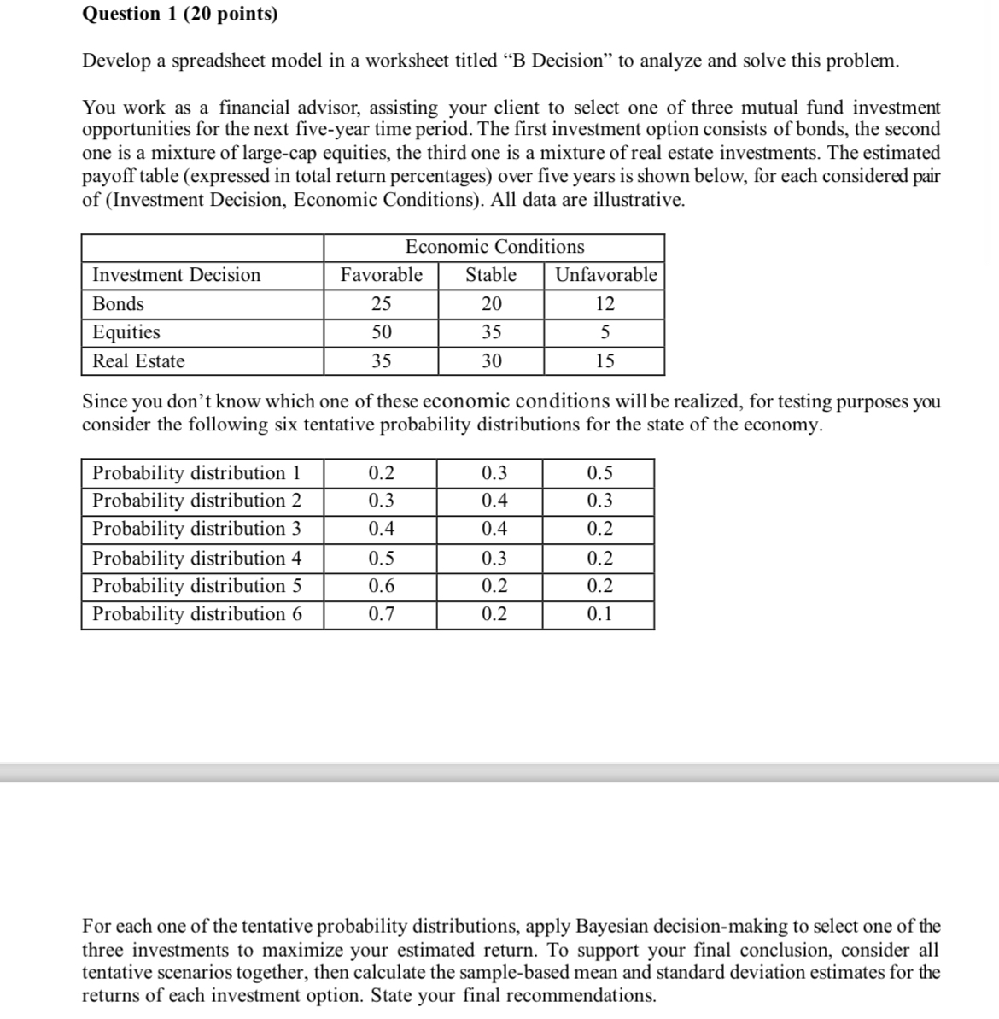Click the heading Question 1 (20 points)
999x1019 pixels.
pos(179,14)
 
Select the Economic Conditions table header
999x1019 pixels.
pos(494,247)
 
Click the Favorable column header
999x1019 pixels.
pos(381,275)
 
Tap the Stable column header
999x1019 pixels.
pos(491,275)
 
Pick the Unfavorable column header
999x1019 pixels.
pos(605,275)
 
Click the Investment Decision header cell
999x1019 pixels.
pos(177,275)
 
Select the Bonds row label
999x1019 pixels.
pos(119,304)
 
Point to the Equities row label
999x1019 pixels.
pos(126,332)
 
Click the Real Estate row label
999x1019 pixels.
pos(138,361)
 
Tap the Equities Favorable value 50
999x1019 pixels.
pos(381,332)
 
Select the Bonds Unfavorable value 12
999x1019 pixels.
pos(605,304)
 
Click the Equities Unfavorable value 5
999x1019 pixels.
pos(605,332)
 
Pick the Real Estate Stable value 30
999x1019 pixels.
pos(491,361)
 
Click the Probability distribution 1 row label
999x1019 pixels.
pos(196,473)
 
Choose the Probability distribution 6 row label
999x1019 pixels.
pos(197,614)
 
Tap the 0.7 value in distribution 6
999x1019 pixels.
pos(381,614)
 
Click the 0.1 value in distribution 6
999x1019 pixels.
pos(599,614)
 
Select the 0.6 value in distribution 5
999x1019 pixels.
pos(381,586)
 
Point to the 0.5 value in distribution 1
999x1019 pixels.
pos(599,473)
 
